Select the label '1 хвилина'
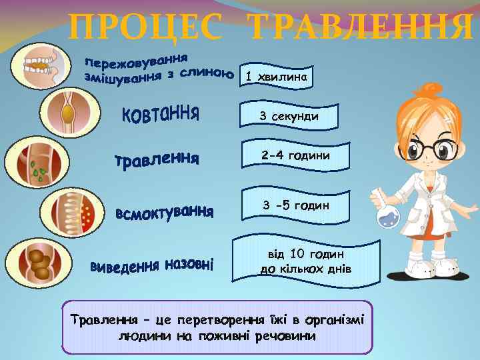click(277, 77)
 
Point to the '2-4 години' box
click(295, 155)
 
